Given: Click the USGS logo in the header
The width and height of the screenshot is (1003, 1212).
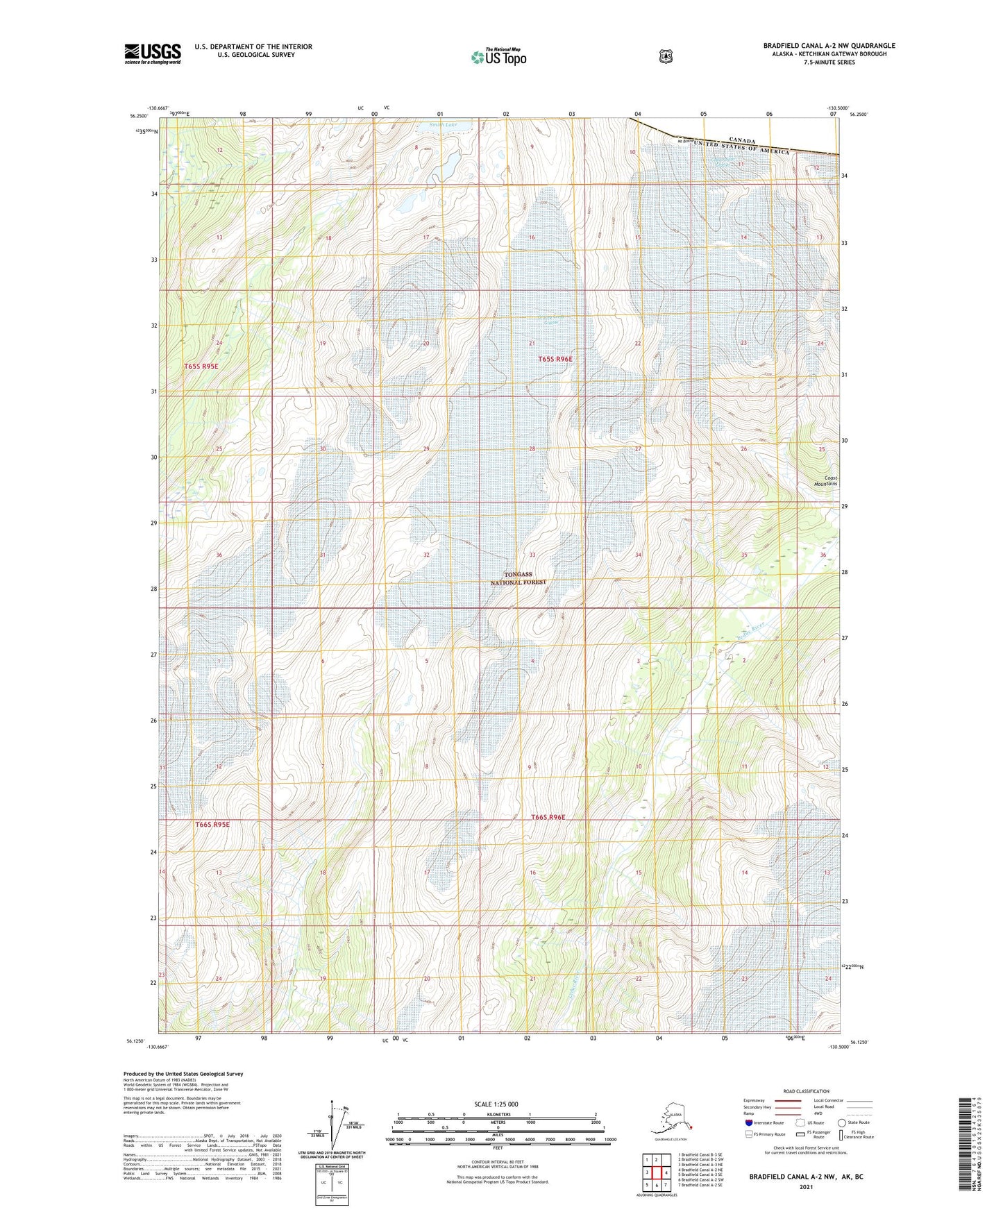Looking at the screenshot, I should pyautogui.click(x=153, y=53).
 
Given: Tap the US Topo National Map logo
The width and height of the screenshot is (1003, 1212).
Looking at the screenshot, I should pyautogui.click(x=498, y=56).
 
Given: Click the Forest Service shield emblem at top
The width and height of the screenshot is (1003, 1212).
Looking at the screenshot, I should pyautogui.click(x=666, y=56).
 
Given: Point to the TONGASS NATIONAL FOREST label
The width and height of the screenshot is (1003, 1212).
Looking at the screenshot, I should pyautogui.click(x=519, y=578).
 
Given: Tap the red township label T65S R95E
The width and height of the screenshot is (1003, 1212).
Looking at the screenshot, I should pyautogui.click(x=206, y=366).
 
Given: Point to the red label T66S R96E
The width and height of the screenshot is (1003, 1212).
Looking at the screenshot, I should pyautogui.click(x=548, y=817).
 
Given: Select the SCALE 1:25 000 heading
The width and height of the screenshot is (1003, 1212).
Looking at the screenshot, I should pyautogui.click(x=496, y=1104).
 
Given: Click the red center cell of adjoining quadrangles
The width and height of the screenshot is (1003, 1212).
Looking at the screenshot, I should pyautogui.click(x=656, y=1172).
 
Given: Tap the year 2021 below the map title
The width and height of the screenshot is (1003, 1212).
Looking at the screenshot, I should pyautogui.click(x=805, y=1186).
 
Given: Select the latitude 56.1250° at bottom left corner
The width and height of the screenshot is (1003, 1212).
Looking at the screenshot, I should pyautogui.click(x=136, y=1041).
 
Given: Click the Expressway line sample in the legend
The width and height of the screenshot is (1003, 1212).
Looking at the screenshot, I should pyautogui.click(x=788, y=1100).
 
